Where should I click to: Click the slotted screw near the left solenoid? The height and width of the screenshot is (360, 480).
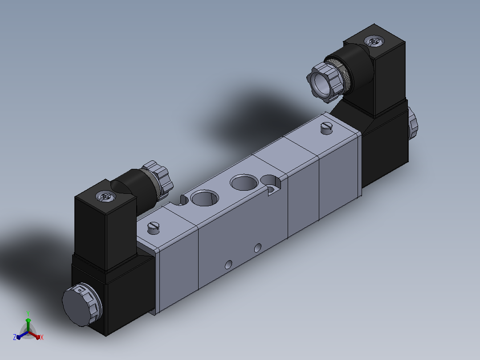coord(153,228)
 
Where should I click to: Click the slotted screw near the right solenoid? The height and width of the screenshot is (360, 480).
coord(327,128)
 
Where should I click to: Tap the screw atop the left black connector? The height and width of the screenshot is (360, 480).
coord(106,196)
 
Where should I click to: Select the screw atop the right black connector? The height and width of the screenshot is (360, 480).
coord(374,41)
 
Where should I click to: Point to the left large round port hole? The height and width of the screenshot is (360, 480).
coord(204,198)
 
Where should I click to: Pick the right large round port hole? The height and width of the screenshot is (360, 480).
coord(244,183)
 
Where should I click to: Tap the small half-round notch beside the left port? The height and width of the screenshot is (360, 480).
coord(184,200)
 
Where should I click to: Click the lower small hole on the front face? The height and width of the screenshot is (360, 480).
coord(228,265)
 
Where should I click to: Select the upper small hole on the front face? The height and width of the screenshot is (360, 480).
coord(258,248)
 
